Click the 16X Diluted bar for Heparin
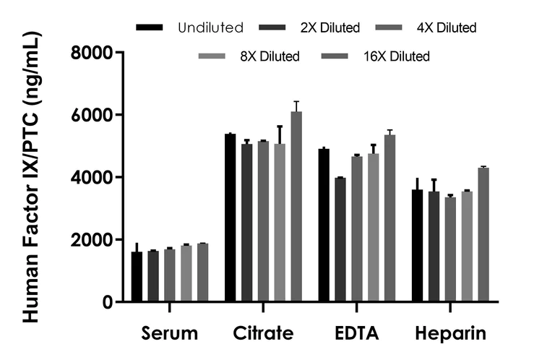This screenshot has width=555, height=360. (x=483, y=234)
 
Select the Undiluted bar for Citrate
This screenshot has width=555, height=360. (x=230, y=218)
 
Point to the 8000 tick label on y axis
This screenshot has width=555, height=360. (x=92, y=53)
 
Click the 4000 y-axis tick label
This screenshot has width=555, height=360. (x=92, y=177)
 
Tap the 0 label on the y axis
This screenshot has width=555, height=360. (x=106, y=302)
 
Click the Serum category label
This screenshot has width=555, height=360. (x=169, y=333)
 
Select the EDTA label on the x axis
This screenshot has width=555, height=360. (x=357, y=333)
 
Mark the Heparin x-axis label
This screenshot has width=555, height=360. (x=450, y=333)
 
